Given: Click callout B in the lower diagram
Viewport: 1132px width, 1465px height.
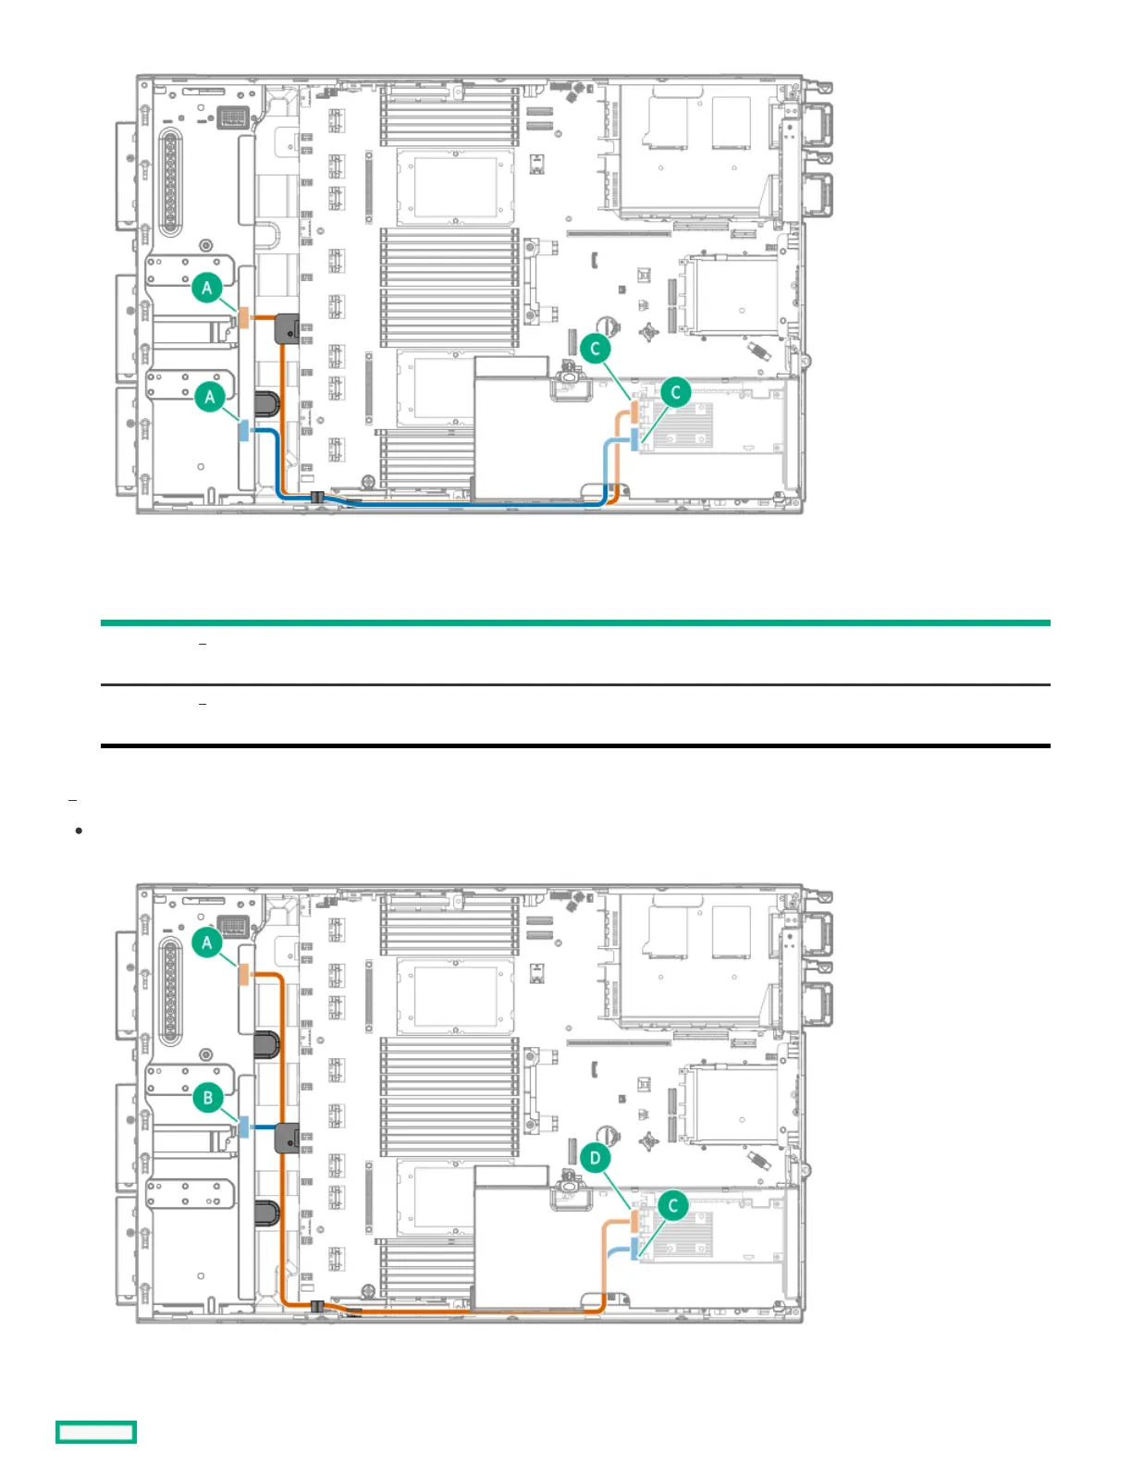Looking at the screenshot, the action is pos(208,1098).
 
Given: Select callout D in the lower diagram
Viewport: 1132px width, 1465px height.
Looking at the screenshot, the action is pos(595,1158).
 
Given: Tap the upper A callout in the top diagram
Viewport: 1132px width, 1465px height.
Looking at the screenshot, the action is pos(207,288).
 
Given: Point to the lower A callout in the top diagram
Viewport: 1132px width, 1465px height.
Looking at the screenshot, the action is pos(210,397).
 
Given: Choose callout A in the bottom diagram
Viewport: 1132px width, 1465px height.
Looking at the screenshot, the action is pos(207,942).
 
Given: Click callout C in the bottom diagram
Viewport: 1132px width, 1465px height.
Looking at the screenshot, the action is pos(673,1205).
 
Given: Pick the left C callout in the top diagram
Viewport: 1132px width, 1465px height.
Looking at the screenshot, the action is pos(595,349).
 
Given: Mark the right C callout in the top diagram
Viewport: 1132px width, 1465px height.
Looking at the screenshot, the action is pos(675,392).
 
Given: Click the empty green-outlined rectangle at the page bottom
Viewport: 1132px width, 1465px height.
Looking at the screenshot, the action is pos(96,1432).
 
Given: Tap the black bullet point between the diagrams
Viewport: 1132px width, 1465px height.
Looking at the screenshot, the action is pos(79,831).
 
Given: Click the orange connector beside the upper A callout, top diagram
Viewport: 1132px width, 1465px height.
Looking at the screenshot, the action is pos(244,317).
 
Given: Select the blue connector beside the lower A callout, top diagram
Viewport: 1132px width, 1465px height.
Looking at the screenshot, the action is pos(244,430).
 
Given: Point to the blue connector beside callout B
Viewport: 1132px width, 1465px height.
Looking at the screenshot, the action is pos(244,1126).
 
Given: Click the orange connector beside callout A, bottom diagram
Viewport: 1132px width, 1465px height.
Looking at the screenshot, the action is pos(244,975).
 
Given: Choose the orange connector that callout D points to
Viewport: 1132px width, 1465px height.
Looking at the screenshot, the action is pos(634,1221).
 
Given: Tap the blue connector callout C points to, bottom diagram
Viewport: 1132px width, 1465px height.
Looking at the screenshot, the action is pos(634,1249).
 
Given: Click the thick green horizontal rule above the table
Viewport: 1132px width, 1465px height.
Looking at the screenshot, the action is pos(575,623).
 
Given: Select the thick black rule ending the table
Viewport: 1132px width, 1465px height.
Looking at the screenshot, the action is pos(575,745).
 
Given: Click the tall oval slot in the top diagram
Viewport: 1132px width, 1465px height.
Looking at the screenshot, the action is pos(170,183).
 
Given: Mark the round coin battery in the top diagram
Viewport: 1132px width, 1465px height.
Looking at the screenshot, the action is pos(609,326).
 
